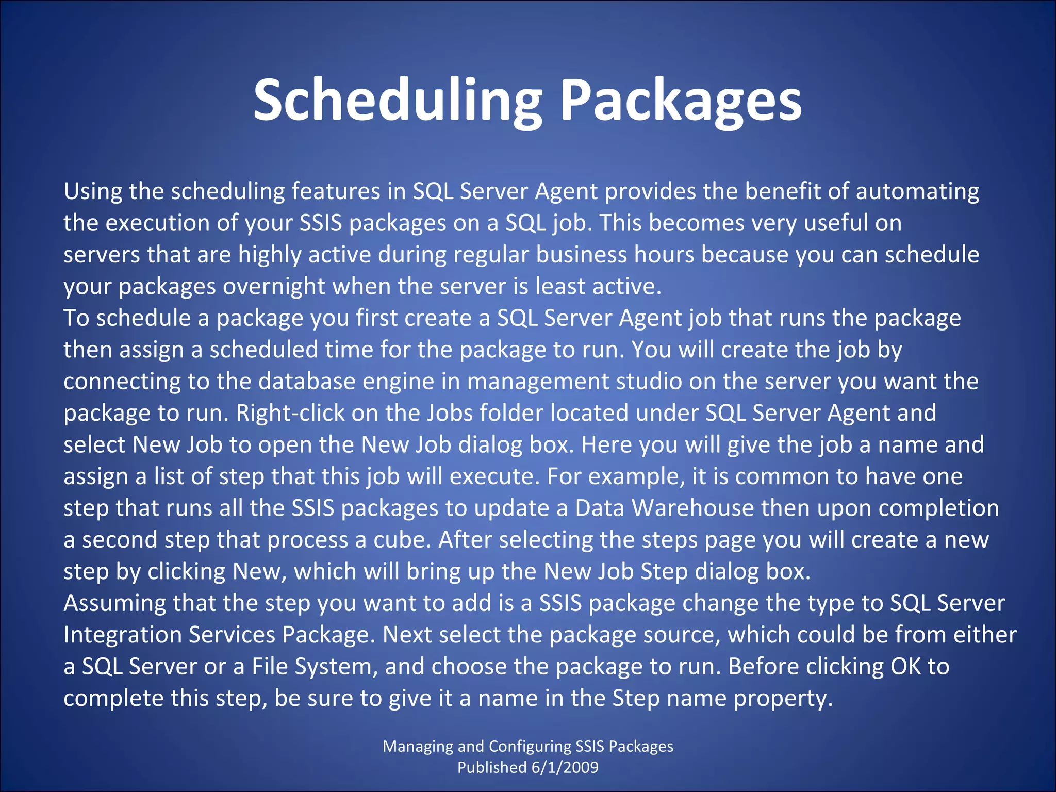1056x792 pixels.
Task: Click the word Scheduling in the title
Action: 397,101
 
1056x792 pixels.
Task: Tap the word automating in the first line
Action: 917,192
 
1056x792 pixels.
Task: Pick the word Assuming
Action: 114,603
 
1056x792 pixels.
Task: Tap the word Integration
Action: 122,635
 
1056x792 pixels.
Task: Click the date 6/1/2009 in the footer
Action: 565,767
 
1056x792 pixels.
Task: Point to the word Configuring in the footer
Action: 529,746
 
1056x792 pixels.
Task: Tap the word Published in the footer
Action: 491,767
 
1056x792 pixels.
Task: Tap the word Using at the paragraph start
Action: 93,192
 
